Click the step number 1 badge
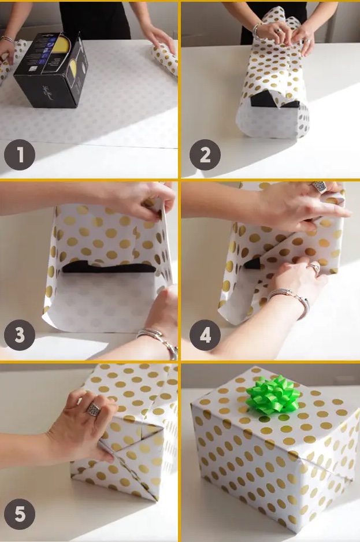(x=20, y=154)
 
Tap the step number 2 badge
(x=205, y=154)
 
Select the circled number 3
(x=20, y=336)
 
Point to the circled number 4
(x=205, y=336)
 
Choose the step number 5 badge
(x=20, y=514)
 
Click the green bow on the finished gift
(x=273, y=395)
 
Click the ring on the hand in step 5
(x=94, y=410)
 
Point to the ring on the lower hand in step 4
(x=314, y=267)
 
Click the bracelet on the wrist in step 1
(x=8, y=39)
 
